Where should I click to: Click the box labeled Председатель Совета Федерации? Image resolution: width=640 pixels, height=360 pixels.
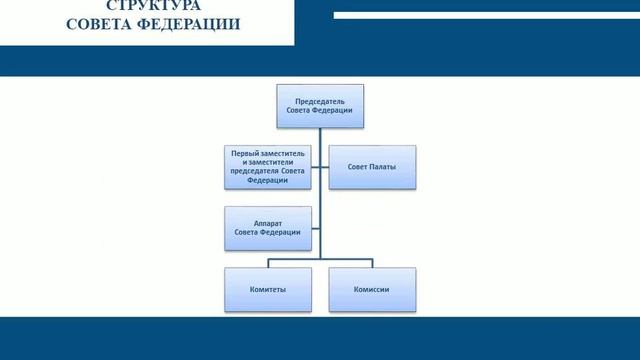(x=320, y=105)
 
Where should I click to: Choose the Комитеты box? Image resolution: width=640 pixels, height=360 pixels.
(x=267, y=289)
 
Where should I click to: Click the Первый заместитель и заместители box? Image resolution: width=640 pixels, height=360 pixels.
(x=267, y=167)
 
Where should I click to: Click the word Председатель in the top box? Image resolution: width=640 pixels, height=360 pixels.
(x=320, y=100)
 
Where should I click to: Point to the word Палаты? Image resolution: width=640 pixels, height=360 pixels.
(x=384, y=167)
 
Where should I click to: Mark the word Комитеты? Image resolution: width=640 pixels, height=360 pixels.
(x=267, y=289)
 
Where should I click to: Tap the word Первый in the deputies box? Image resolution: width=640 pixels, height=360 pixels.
(x=245, y=153)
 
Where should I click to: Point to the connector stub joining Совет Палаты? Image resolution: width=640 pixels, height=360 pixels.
(x=325, y=167)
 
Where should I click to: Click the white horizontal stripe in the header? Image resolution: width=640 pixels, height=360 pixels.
(x=480, y=16)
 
